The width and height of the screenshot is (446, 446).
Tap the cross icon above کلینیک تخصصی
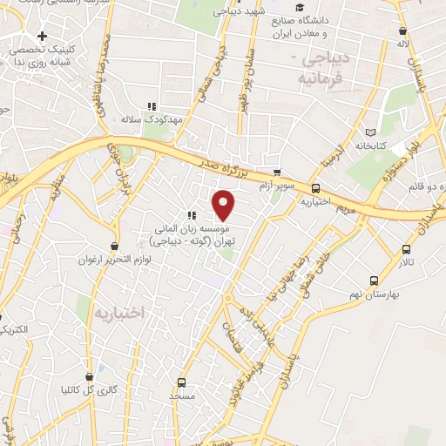[x=41, y=37]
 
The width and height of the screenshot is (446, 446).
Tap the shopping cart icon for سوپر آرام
[x=276, y=172]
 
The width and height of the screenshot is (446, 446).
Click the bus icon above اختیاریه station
[x=314, y=187]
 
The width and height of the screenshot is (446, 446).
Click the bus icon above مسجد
[x=181, y=382]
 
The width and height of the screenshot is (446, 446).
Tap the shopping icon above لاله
[x=400, y=29]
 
